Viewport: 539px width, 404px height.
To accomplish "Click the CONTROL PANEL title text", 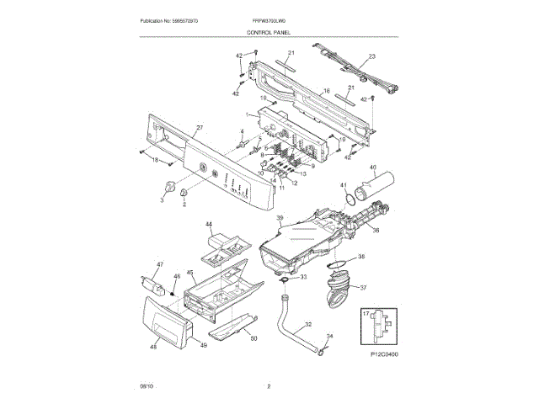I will coord(269,31).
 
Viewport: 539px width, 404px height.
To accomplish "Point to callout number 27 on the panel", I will coord(200,129).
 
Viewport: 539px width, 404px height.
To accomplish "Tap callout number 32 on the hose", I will coord(307,324).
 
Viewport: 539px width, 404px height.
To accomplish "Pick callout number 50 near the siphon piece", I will coord(253,339).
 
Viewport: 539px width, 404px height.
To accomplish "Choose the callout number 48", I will coord(153,346).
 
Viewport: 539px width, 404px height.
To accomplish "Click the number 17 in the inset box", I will coord(366,313).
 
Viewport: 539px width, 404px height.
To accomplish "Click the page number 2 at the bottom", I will coord(269,386).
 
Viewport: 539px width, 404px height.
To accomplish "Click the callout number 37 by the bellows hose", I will coord(364,287).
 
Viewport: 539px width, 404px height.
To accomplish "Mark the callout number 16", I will coord(327,90).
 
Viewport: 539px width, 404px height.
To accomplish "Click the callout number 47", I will coord(154,265).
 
